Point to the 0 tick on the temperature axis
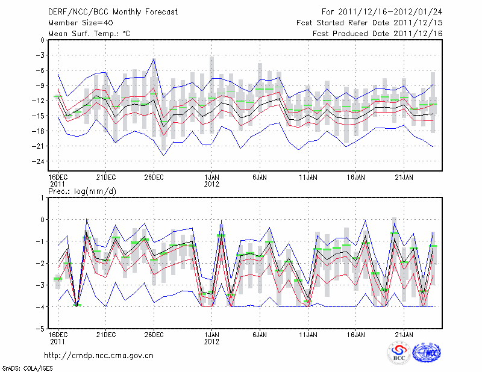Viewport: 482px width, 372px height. pyautogui.click(x=42, y=40)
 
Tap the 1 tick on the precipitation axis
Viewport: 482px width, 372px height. pyautogui.click(x=42, y=197)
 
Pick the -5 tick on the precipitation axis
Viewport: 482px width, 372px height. pyautogui.click(x=39, y=329)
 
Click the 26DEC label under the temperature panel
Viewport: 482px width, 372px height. pyautogui.click(x=154, y=178)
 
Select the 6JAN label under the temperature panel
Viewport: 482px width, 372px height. pyautogui.click(x=260, y=178)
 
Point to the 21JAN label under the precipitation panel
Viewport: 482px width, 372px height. pyautogui.click(x=404, y=334)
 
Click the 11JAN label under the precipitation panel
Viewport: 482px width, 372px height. pyautogui.click(x=308, y=334)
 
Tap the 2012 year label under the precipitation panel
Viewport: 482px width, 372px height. pyautogui.click(x=212, y=341)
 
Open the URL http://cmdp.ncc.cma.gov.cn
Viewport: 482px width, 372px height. pyautogui.click(x=99, y=355)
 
